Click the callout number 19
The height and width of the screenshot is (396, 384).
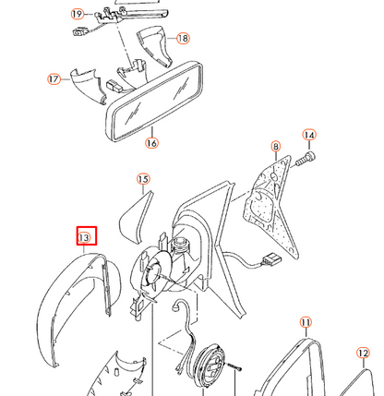[77, 14]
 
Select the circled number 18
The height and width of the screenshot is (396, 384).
[183, 38]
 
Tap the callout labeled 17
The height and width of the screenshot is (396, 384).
[54, 79]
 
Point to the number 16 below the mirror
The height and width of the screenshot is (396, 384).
[151, 143]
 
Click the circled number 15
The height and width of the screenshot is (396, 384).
[143, 179]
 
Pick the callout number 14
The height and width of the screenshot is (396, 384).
[309, 135]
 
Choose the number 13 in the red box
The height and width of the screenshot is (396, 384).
[84, 237]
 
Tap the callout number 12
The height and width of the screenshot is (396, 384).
[363, 353]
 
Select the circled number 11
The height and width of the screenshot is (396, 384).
[306, 323]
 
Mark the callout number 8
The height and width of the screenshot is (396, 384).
[275, 147]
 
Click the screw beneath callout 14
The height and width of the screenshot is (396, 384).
[306, 158]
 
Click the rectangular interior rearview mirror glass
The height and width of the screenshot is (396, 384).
[155, 102]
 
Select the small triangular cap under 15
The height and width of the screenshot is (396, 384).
[136, 217]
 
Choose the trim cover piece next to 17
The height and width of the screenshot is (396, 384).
[87, 86]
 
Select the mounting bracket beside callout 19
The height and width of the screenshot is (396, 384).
[109, 17]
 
